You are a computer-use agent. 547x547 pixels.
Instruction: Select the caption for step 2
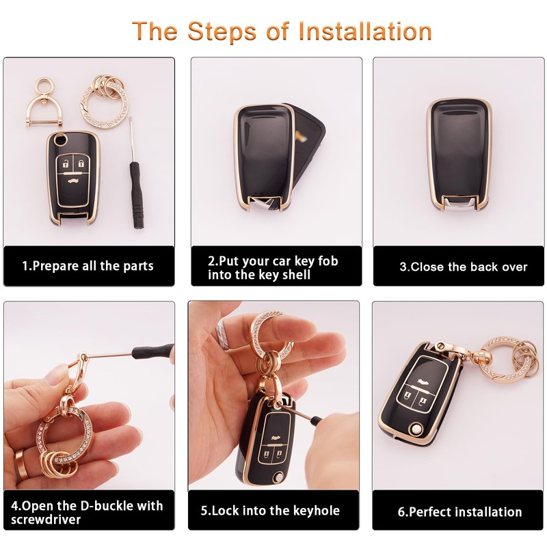(x=273, y=267)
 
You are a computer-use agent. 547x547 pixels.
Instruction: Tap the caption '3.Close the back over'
(x=463, y=267)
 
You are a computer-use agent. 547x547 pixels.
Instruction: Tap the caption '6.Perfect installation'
(x=459, y=511)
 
